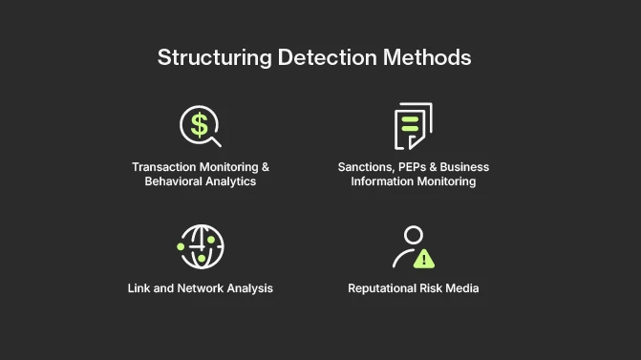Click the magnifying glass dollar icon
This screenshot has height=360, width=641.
201,125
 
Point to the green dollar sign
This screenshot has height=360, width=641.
199,123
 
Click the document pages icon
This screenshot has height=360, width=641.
413,125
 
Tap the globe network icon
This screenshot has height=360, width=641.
201,247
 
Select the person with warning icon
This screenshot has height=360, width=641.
413,247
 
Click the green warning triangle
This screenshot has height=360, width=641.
424,257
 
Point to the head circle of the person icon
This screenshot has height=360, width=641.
413,234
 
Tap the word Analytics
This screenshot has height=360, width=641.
235,181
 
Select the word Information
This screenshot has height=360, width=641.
384,181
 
